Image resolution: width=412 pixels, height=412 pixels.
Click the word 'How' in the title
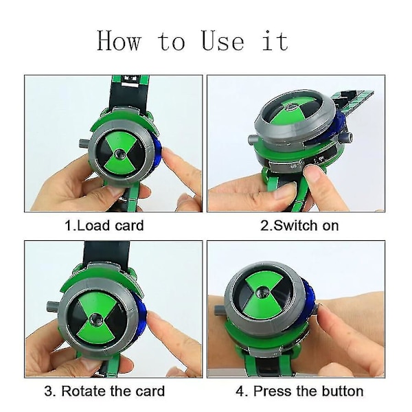coord(119,41)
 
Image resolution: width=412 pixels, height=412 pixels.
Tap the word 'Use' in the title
coord(222,41)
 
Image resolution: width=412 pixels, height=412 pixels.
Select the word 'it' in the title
coord(275,41)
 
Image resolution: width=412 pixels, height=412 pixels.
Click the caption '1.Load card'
coord(104,226)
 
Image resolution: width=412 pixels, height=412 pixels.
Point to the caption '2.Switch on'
coord(299,226)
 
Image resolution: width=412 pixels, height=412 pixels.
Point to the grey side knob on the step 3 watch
coord(54,306)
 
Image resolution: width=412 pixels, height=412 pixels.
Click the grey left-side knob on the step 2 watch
coord(254,139)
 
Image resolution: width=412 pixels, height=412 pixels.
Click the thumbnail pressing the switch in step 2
coord(310,171)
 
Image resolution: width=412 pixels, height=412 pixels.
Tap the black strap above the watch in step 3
coord(106,253)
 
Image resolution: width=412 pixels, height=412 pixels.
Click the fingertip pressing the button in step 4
coord(323,311)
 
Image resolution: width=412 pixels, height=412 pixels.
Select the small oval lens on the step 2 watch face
coord(291,106)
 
